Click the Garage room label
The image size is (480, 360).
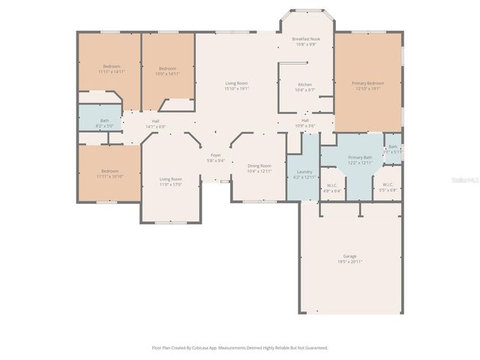pyautogui.click(x=349, y=256)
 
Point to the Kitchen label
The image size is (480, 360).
pyautogui.click(x=305, y=84)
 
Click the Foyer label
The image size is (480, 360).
pyautogui.click(x=215, y=154)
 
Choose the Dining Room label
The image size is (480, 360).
pyautogui.click(x=259, y=166)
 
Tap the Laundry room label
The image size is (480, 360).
pyautogui.click(x=304, y=172)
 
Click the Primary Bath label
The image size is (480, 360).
pyautogui.click(x=358, y=157)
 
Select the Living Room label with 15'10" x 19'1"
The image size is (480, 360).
pyautogui.click(x=237, y=82)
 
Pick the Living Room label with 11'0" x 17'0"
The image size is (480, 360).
pyautogui.click(x=170, y=178)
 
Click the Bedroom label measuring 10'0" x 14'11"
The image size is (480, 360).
pyautogui.click(x=166, y=68)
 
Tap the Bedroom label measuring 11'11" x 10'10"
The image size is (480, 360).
pyautogui.click(x=109, y=171)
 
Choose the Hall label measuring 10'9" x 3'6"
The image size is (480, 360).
pyautogui.click(x=305, y=120)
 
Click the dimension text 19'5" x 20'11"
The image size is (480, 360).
pyautogui.click(x=349, y=261)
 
